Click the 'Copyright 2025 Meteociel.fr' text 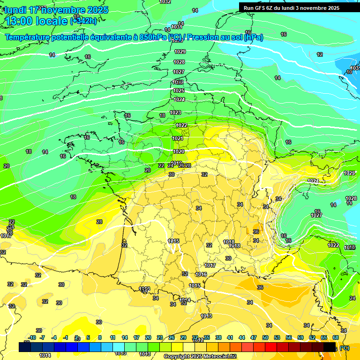click(x=200, y=356)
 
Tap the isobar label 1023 click(x=175, y=112)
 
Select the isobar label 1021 click(x=178, y=138)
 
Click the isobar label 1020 click(x=179, y=151)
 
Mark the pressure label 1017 click(x=210, y=265)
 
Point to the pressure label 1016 click(x=202, y=274)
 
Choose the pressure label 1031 click(x=176, y=27)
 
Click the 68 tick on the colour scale click(x=335, y=337)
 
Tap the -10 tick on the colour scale click(x=32, y=337)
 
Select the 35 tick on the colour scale click(x=207, y=337)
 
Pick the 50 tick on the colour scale click(x=265, y=337)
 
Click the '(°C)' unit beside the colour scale click(x=344, y=348)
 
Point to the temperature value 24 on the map click(x=352, y=298)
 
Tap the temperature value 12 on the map click(x=320, y=54)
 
